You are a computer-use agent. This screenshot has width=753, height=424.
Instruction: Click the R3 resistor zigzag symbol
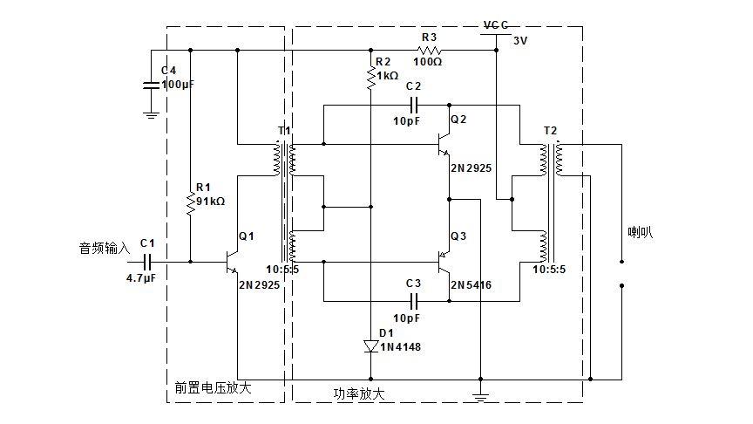point(429,50)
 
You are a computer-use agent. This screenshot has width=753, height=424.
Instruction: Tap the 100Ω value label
point(427,62)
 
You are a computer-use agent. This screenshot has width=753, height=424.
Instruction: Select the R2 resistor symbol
point(370,79)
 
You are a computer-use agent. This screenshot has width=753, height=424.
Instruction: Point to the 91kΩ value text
point(210,202)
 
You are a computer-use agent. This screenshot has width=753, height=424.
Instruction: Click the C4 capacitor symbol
point(152,85)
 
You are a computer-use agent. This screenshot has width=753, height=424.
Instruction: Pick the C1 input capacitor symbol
point(147,262)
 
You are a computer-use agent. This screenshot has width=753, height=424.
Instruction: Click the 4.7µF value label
point(140,278)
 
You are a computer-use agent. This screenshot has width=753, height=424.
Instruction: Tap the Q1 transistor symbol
point(231,262)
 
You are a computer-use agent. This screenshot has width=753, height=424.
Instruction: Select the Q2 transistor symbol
point(444,144)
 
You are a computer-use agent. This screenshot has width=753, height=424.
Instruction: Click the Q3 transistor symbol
point(444,262)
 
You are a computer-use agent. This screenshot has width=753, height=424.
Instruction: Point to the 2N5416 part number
point(471,285)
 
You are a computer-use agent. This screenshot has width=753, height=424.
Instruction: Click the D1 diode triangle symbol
point(370,346)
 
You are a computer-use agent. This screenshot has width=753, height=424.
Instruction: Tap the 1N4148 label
point(400,347)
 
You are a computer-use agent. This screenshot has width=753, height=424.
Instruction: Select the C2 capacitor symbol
point(414,105)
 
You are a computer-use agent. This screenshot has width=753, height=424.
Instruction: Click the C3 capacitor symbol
point(414,301)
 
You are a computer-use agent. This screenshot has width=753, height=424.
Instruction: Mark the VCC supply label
point(496,25)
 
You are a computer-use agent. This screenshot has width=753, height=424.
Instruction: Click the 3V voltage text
point(520,41)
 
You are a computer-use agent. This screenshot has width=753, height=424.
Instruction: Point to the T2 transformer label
point(550,131)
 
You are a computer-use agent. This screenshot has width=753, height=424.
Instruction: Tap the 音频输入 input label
point(105,248)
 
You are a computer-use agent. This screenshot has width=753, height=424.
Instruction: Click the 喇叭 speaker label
point(641,232)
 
